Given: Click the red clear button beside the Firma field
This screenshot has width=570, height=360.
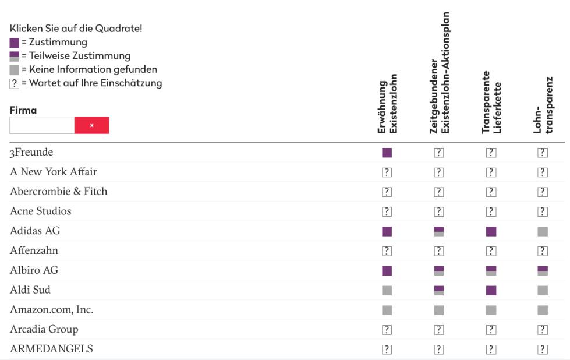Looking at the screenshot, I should pyautogui.click(x=91, y=125).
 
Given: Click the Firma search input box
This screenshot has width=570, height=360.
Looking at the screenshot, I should pyautogui.click(x=42, y=125).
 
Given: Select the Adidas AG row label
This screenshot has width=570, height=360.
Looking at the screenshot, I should pyautogui.click(x=35, y=231).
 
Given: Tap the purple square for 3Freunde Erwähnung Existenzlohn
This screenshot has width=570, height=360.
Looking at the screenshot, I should pyautogui.click(x=387, y=153).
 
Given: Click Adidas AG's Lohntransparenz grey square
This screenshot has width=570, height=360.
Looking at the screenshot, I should pyautogui.click(x=543, y=231).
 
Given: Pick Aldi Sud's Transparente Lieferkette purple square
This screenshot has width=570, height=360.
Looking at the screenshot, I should pyautogui.click(x=491, y=290).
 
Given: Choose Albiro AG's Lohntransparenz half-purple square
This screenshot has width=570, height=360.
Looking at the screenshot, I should pyautogui.click(x=543, y=270).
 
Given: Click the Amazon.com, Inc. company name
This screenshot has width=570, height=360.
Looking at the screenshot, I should pyautogui.click(x=51, y=310).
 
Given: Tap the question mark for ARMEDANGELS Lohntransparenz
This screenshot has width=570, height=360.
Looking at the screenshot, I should pyautogui.click(x=543, y=350).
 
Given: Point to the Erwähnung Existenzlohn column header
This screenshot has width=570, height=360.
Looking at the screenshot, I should pyautogui.click(x=387, y=107).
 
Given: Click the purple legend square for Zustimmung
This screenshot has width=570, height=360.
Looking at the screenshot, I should pyautogui.click(x=15, y=43).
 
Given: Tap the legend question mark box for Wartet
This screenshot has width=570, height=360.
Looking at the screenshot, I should pyautogui.click(x=15, y=83).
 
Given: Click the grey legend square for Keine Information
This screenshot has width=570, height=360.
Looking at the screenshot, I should pyautogui.click(x=15, y=70).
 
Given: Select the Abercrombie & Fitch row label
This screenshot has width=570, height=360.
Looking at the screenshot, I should pyautogui.click(x=58, y=192).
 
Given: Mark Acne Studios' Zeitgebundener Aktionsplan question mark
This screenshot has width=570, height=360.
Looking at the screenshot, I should pyautogui.click(x=439, y=211).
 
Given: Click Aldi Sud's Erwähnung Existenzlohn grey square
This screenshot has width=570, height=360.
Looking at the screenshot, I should pyautogui.click(x=387, y=290).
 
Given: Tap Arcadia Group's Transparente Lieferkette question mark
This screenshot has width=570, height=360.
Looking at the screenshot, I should pyautogui.click(x=491, y=330).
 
